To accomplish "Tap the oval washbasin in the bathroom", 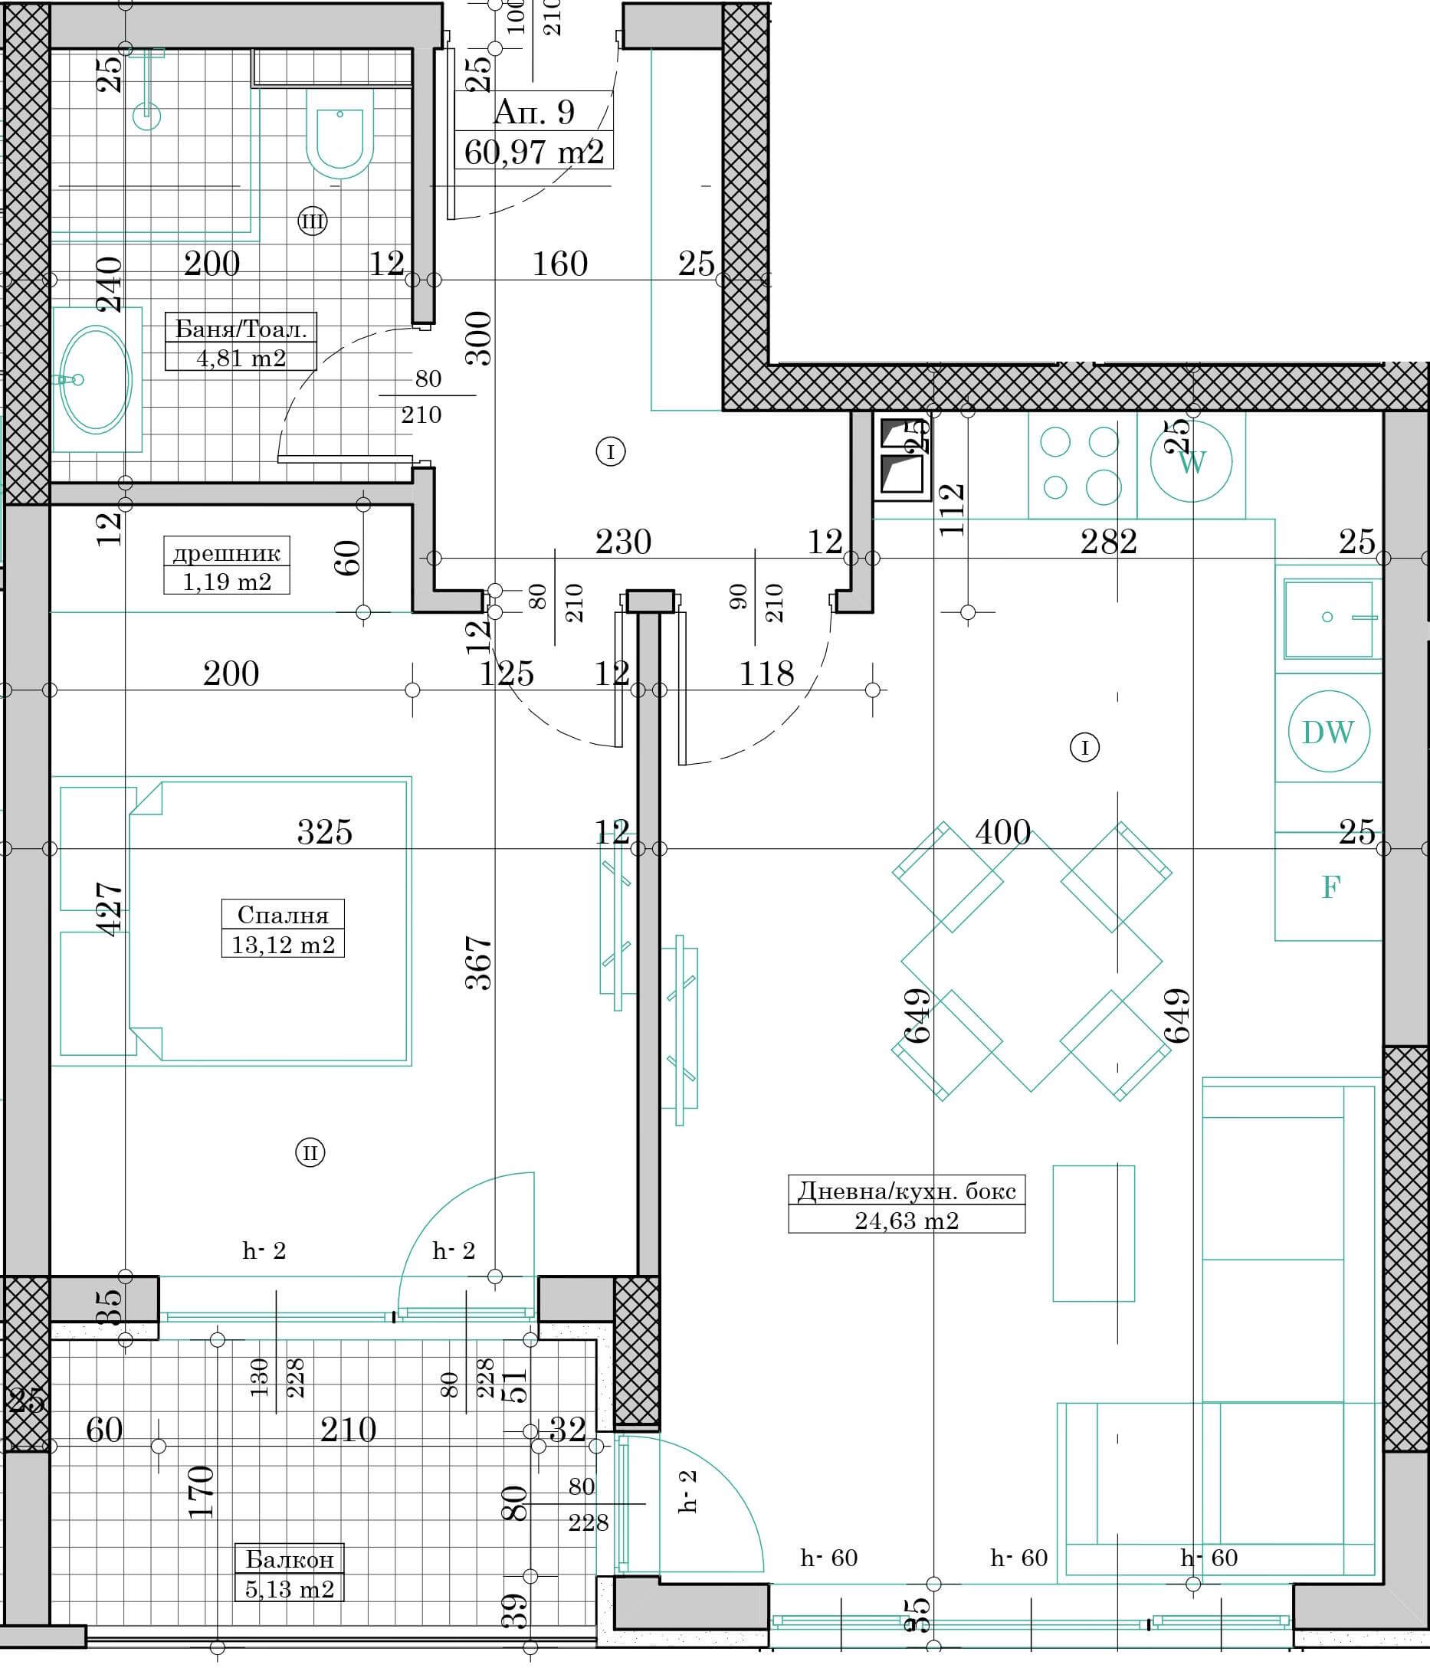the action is click(96, 379).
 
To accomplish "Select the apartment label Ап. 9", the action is click(534, 111).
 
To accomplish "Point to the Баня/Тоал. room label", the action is click(241, 329).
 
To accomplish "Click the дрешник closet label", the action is click(226, 553).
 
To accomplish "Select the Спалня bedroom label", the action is click(283, 915).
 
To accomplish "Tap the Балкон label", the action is click(290, 1559).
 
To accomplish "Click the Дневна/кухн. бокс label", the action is click(907, 1190).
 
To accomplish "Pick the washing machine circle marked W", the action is click(1192, 462).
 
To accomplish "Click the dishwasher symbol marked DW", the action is click(1329, 732).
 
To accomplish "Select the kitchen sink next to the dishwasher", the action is click(1329, 618).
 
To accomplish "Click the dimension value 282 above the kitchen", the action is click(1109, 542).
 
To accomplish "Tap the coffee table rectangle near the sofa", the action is click(1094, 1234).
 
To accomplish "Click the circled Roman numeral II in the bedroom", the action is click(310, 1153).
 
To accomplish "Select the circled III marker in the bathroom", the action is click(313, 221).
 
